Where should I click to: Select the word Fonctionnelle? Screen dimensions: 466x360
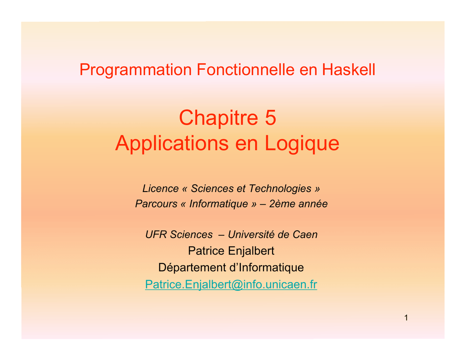245,70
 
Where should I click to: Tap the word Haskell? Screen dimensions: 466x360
349,70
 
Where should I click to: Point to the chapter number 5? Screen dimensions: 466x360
270,117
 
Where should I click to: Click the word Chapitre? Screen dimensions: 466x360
218,118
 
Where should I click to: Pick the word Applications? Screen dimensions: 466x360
172,144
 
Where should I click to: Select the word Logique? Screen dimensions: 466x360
302,144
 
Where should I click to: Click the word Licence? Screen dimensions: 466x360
161,188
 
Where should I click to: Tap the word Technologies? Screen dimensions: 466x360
280,188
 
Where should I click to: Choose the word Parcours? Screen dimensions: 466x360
156,204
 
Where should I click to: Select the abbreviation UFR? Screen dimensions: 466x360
157,234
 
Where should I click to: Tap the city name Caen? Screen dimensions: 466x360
305,234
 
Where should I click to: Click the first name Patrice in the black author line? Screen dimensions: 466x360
206,251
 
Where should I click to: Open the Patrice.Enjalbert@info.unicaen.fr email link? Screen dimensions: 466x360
231,284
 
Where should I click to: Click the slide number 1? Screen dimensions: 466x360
406,318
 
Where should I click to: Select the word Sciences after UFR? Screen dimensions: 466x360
192,234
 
